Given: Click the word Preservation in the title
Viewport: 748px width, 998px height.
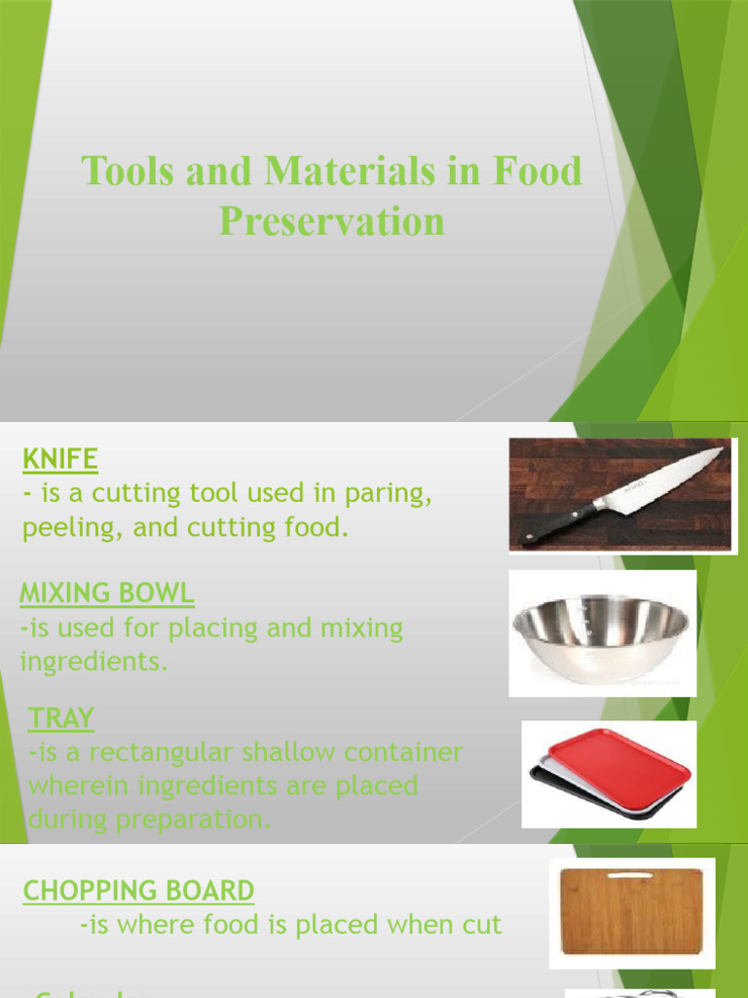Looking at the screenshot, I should [x=331, y=221].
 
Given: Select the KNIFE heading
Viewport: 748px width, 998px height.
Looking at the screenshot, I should [x=60, y=458].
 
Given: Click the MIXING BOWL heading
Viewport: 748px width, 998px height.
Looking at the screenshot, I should [x=107, y=593].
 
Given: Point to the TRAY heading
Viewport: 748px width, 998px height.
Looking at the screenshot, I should [x=61, y=719].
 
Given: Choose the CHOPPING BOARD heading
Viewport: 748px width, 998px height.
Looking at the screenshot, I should [x=139, y=890].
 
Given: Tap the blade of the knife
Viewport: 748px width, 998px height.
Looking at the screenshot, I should [x=662, y=483].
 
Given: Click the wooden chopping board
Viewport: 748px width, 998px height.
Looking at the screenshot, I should [x=631, y=910].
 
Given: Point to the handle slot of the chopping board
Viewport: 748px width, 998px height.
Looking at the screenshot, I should [x=631, y=875].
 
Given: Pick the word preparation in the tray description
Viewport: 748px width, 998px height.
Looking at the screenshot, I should [x=191, y=820].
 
